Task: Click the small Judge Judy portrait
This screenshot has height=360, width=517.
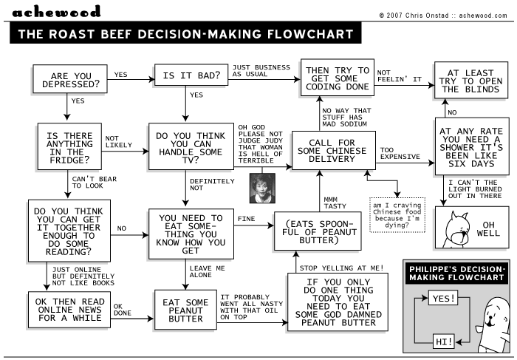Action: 262,188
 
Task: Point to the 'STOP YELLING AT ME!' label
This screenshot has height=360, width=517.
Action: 341,267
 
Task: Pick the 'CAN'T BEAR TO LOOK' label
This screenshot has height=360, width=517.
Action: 92,182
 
